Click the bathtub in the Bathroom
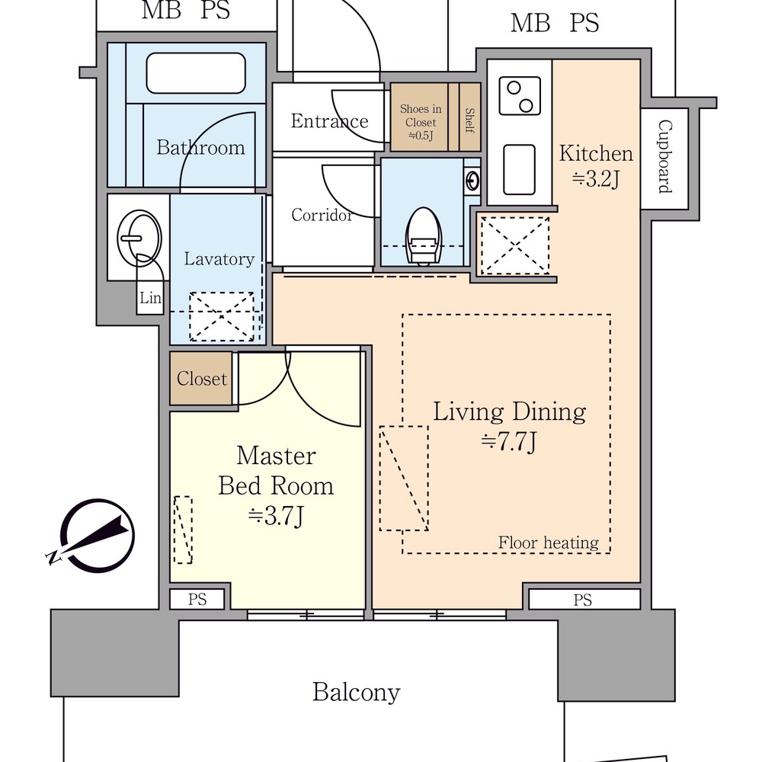[196, 73]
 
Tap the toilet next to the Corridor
[423, 236]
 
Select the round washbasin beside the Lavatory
[139, 238]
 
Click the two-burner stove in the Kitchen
[520, 96]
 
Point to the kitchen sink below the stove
[519, 170]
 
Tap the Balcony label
[356, 692]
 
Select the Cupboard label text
[664, 157]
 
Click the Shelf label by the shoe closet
[469, 120]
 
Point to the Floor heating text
[548, 543]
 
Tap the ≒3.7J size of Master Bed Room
[276, 516]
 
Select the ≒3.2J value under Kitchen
[596, 179]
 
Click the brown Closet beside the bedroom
[200, 378]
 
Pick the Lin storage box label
[150, 297]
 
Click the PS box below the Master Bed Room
[197, 599]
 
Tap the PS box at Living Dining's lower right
[584, 600]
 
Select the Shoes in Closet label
[421, 122]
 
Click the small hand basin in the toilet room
[472, 181]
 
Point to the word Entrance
[329, 120]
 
